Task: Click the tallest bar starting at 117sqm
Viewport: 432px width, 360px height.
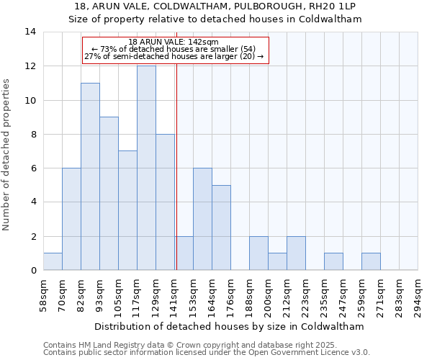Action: point(146,168)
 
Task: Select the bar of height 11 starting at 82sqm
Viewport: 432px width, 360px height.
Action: point(90,176)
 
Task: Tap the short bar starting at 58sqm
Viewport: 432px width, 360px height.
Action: point(53,261)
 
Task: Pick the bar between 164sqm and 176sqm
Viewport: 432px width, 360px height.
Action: point(221,228)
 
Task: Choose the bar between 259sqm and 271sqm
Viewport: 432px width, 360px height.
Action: point(371,261)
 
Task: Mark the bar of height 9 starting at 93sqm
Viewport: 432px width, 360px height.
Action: point(109,194)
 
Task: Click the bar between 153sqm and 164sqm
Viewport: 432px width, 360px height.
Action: point(202,219)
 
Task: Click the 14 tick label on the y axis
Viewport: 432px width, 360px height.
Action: point(30,32)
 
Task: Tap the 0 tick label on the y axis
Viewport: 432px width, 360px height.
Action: point(33,270)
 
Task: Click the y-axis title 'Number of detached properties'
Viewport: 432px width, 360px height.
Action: point(6,155)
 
